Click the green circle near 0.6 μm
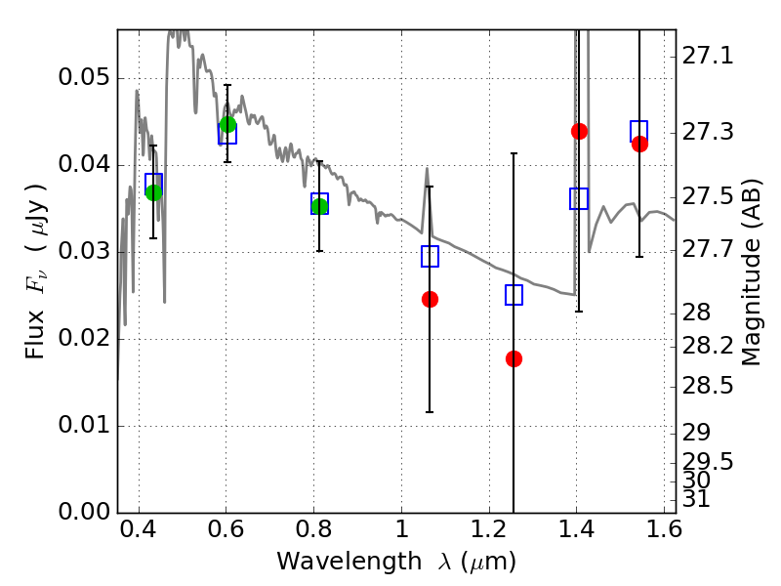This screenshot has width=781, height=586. (x=227, y=124)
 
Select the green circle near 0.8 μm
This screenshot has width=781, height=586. (x=319, y=206)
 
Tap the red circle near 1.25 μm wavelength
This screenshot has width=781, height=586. (x=514, y=358)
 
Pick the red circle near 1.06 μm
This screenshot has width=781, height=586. (x=430, y=299)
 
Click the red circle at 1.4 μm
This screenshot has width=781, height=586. (x=579, y=132)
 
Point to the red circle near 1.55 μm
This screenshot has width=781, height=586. (x=639, y=144)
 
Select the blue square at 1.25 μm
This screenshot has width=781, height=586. (x=514, y=295)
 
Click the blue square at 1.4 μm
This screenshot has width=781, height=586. (x=579, y=199)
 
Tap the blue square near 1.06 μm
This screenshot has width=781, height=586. (x=430, y=256)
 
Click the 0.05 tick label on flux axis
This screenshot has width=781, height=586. (x=84, y=77)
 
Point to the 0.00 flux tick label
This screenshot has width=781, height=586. (x=84, y=512)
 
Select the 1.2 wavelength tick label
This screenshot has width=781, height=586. (x=489, y=529)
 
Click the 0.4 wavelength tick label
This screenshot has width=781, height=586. (x=139, y=529)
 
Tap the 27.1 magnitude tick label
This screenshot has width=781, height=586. (x=708, y=56)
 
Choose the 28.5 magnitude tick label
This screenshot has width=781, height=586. (x=708, y=386)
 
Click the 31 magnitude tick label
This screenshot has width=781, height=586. (x=696, y=499)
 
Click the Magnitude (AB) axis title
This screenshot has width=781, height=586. (x=751, y=272)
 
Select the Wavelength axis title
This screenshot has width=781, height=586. (x=396, y=562)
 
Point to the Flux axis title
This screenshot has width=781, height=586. (x=36, y=272)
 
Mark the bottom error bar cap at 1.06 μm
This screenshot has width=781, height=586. (x=430, y=412)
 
